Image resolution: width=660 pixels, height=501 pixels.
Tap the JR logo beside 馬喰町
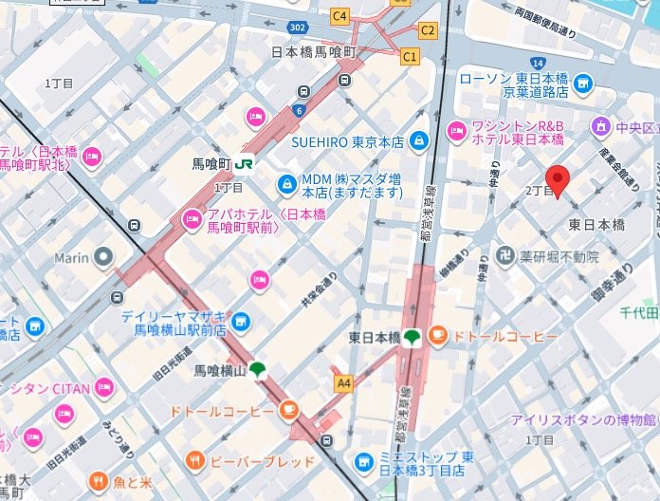click(x=246, y=163)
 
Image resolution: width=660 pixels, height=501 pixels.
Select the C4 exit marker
click(x=340, y=15)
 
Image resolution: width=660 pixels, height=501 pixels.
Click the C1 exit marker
click(x=410, y=57)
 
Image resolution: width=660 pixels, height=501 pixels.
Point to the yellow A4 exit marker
click(x=342, y=382)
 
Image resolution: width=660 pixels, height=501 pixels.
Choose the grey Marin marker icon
click(x=106, y=257)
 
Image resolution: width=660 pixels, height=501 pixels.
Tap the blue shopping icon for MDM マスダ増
click(x=284, y=182)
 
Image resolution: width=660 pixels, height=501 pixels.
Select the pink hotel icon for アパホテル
click(x=193, y=219)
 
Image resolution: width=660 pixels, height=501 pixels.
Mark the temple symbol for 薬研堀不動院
click(x=504, y=256)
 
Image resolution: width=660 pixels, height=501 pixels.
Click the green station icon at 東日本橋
click(x=412, y=337)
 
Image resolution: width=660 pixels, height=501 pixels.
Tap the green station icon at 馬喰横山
click(x=257, y=370)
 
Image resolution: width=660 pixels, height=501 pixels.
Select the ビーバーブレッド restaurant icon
click(x=195, y=462)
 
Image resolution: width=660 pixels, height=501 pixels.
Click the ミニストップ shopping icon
click(x=362, y=461)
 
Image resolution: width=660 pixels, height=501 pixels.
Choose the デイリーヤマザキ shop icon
click(x=241, y=322)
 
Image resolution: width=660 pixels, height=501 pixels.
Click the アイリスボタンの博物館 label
click(x=583, y=419)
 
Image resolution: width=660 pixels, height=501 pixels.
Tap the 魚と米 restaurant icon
click(x=99, y=481)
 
